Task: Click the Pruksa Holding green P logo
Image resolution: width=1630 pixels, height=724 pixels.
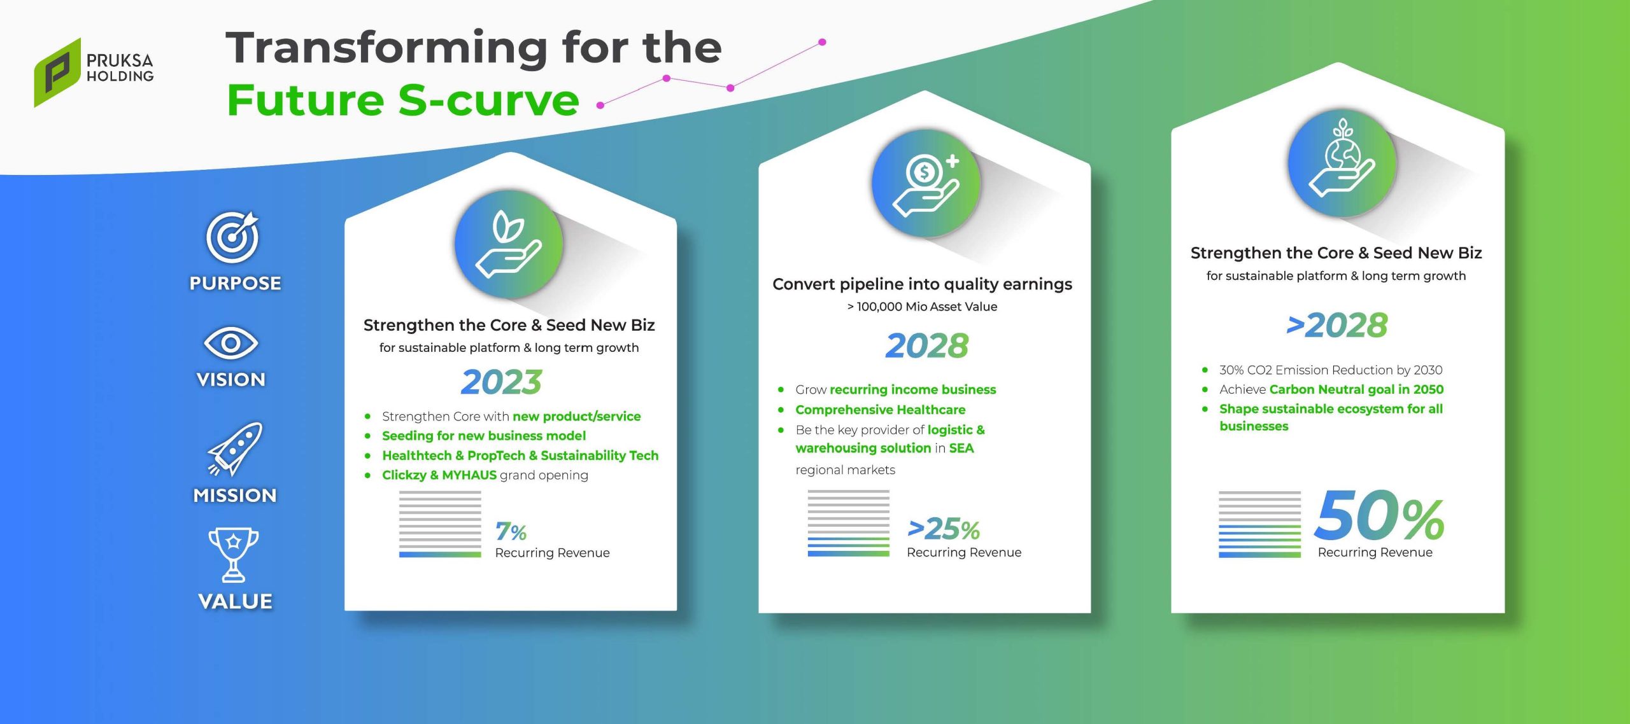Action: click(x=57, y=73)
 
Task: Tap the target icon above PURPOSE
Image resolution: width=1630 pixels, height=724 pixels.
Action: click(x=233, y=237)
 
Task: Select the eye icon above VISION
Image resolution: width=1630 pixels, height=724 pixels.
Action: click(x=230, y=344)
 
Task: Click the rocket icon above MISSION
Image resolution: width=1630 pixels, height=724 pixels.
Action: click(x=235, y=449)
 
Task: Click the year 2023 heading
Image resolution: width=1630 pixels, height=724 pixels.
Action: click(x=501, y=382)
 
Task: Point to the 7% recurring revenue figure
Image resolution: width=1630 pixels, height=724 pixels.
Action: click(x=511, y=531)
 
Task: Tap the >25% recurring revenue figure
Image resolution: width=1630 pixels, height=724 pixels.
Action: click(x=944, y=529)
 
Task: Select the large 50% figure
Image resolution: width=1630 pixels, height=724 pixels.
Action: click(x=1379, y=515)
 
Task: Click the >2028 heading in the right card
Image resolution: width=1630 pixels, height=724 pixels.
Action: click(x=1336, y=325)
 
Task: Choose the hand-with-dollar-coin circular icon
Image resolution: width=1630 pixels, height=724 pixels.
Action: click(x=926, y=183)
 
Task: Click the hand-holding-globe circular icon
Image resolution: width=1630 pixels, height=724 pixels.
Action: click(x=1342, y=163)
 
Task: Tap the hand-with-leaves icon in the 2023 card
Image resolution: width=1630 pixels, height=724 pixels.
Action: click(x=509, y=244)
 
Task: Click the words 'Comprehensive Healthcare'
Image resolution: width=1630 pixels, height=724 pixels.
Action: click(x=880, y=410)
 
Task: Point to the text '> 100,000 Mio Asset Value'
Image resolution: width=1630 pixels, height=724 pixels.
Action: click(x=922, y=307)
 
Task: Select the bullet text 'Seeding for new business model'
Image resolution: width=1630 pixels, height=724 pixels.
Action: click(x=484, y=436)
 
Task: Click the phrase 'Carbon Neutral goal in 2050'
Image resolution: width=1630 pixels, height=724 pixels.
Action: click(x=1356, y=389)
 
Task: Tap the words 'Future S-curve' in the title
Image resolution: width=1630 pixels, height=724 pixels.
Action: click(x=403, y=101)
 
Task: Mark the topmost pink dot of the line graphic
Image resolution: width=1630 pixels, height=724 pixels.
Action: click(x=822, y=42)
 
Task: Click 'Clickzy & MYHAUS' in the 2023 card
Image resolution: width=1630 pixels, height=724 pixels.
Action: click(x=439, y=475)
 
